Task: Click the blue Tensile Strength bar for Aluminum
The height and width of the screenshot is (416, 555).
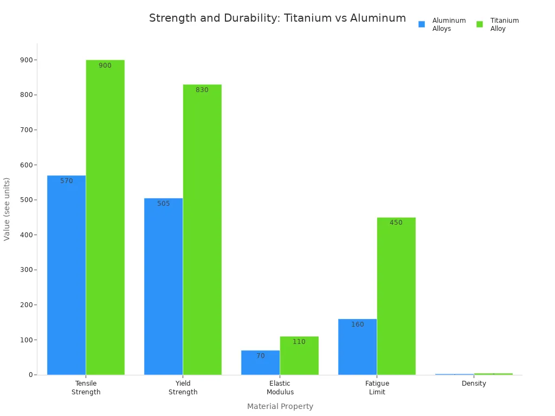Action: (66, 275)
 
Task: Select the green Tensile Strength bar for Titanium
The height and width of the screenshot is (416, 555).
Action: (105, 217)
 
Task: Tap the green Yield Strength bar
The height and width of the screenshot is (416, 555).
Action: (202, 230)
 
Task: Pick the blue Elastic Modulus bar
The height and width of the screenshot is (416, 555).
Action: (260, 362)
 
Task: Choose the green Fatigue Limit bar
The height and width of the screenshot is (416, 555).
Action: (396, 296)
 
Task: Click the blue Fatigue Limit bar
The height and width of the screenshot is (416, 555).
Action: (357, 347)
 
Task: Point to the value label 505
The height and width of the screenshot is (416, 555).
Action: (164, 204)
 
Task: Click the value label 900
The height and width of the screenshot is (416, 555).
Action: (105, 66)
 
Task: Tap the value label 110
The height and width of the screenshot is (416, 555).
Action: (299, 342)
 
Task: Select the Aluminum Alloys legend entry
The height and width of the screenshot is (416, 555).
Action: (442, 24)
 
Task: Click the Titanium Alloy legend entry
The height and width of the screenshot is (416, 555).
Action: (498, 24)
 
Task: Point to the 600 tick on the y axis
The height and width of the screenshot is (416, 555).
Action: (26, 165)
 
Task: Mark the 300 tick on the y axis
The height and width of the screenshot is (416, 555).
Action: (26, 270)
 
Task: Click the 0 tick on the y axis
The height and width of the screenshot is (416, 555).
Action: (31, 375)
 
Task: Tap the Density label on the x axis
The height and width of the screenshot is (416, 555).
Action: (474, 383)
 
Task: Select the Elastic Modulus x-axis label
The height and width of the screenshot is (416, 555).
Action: (280, 388)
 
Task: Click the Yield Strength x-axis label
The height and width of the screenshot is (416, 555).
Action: (183, 388)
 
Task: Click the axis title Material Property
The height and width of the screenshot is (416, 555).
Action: (280, 406)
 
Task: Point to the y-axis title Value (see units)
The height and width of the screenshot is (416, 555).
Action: (7, 209)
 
